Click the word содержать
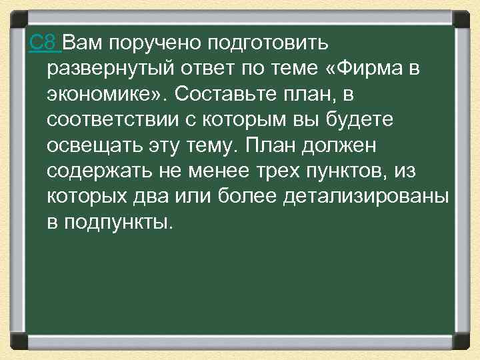99,171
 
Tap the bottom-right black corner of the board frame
460,341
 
